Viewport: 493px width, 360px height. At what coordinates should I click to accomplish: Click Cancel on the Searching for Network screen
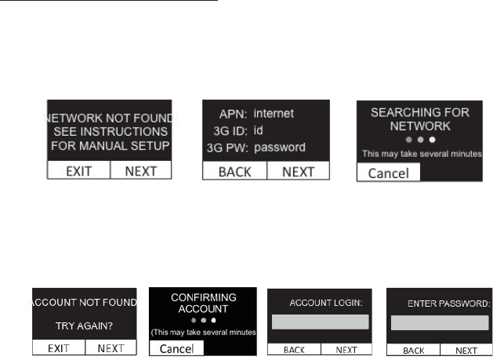(x=388, y=173)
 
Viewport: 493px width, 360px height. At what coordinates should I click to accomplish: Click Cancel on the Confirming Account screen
(x=176, y=347)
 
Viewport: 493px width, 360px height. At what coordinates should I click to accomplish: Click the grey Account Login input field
(x=320, y=322)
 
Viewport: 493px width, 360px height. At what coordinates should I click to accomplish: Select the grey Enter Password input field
(x=440, y=322)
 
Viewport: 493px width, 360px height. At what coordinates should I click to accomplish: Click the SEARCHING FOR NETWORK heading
(x=420, y=118)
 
